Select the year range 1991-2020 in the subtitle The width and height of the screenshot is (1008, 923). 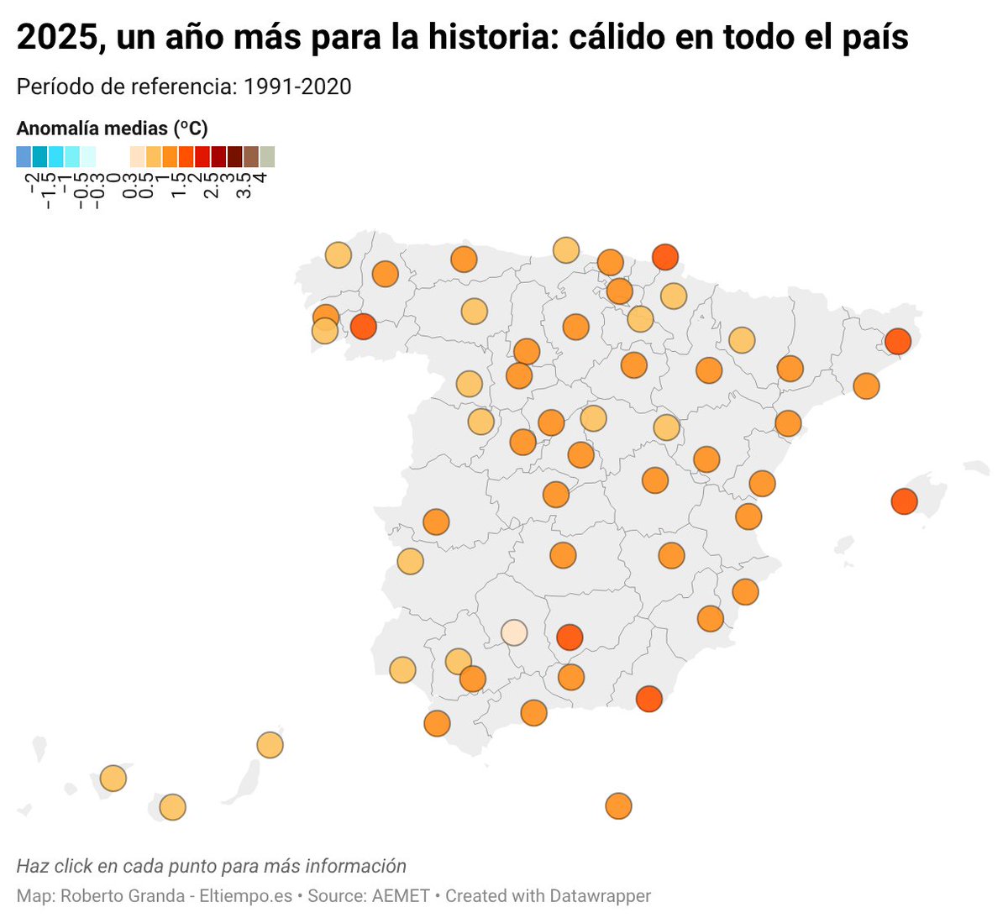tap(297, 87)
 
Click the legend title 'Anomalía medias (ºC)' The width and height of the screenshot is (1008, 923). tap(112, 128)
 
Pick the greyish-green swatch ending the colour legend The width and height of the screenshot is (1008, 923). tap(267, 157)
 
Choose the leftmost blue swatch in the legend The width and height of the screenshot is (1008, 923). tap(24, 157)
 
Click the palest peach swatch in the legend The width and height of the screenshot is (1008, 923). tap(137, 157)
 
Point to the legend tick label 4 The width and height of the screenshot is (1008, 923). tap(260, 178)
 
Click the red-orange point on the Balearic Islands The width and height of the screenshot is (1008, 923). tap(904, 502)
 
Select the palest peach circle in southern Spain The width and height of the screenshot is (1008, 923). tap(514, 632)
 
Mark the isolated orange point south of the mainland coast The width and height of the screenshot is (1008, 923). tap(618, 806)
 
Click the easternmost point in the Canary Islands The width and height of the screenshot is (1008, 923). tap(270, 745)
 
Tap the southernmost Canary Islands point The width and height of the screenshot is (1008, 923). tap(172, 808)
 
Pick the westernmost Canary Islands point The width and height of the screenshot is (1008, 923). tap(113, 779)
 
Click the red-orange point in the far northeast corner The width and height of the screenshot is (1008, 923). tap(897, 342)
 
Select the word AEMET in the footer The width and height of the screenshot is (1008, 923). tap(401, 896)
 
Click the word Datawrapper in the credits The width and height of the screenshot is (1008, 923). tap(600, 896)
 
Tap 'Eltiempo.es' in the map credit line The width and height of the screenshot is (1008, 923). tap(246, 896)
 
